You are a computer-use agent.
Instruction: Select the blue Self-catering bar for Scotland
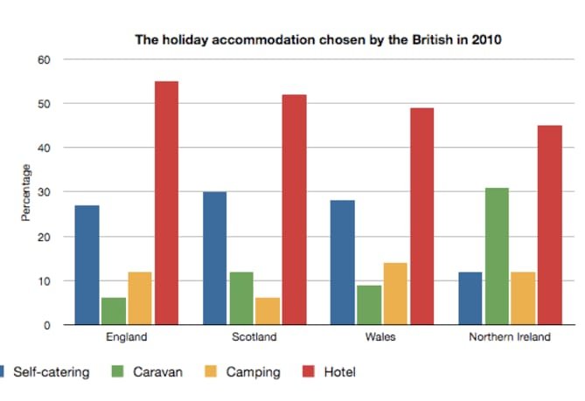(214, 258)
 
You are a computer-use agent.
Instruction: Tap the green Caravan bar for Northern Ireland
(497, 256)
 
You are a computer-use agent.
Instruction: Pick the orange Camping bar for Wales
(395, 294)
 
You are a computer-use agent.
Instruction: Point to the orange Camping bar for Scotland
(267, 311)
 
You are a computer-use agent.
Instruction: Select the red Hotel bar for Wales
(421, 216)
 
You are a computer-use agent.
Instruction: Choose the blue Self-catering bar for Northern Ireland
(470, 298)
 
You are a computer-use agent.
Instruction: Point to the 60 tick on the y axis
(44, 59)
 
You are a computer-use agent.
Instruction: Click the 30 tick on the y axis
(44, 192)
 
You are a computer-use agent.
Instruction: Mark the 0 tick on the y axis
(46, 325)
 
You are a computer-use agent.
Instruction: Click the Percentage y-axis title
(27, 192)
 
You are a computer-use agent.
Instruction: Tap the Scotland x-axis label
(254, 337)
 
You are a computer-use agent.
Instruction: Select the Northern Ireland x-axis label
(510, 337)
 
